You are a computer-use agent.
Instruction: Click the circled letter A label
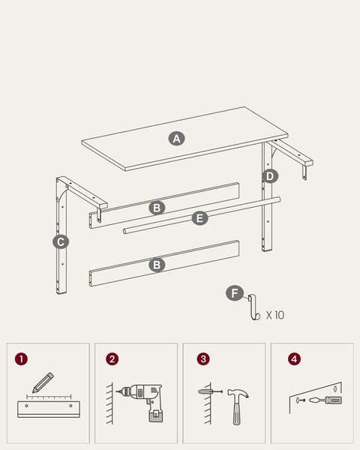tap(176, 139)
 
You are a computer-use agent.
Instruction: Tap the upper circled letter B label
tap(157, 208)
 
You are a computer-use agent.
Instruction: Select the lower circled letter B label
tap(157, 265)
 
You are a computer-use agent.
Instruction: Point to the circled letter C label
tap(61, 242)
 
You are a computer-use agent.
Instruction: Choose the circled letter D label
tap(270, 176)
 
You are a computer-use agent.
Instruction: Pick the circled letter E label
tap(199, 217)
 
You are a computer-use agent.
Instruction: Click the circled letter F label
tap(235, 293)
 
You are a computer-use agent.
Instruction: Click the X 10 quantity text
tap(275, 315)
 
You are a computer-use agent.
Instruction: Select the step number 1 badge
tap(22, 359)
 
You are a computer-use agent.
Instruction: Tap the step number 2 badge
tap(112, 359)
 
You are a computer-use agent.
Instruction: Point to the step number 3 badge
tap(203, 359)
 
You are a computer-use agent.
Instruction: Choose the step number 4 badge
tap(294, 359)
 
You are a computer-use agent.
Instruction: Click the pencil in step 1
tap(43, 382)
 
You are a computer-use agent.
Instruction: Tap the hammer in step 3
tap(237, 406)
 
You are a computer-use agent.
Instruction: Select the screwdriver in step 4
tap(325, 400)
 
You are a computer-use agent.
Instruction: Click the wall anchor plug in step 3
tap(205, 391)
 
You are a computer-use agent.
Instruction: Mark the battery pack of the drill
tap(156, 414)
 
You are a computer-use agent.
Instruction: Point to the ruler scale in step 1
tap(49, 397)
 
